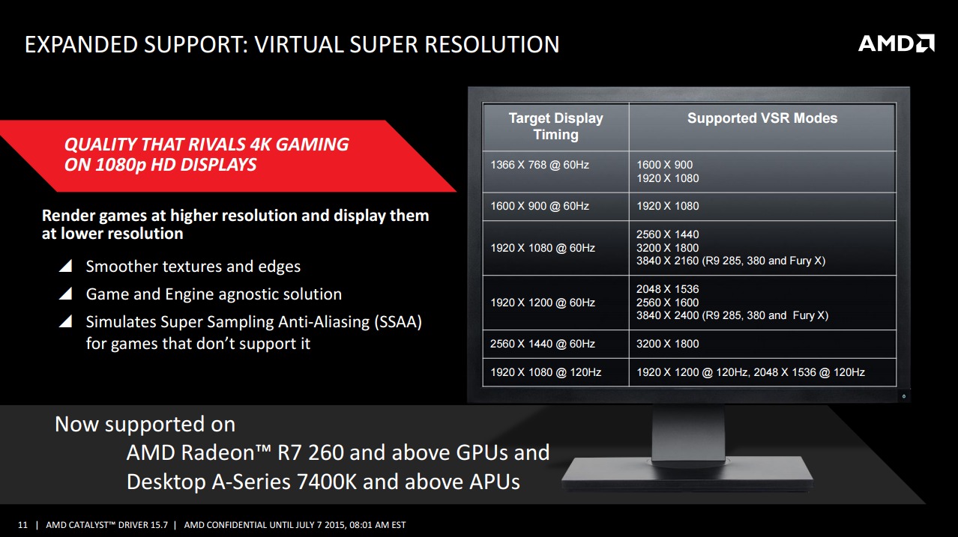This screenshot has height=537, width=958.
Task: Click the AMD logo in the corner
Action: (x=896, y=43)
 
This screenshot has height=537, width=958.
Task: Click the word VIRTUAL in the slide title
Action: (x=298, y=44)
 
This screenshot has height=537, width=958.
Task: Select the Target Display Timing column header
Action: (x=555, y=126)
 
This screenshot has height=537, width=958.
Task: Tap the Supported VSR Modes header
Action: (x=762, y=118)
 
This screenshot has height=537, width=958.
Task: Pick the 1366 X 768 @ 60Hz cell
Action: (x=539, y=165)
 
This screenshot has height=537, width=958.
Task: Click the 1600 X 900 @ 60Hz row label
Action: (x=539, y=207)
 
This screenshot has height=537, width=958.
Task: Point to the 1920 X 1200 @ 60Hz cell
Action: (x=542, y=303)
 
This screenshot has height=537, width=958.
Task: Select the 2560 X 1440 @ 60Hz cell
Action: (x=542, y=344)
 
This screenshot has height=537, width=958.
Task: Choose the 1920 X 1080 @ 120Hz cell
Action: (x=546, y=372)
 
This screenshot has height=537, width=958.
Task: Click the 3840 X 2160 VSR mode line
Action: (x=730, y=261)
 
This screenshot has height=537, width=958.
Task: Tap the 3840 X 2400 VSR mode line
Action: (x=732, y=315)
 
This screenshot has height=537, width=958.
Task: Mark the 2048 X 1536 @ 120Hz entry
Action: (x=809, y=372)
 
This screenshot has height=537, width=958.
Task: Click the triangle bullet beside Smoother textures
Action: (x=65, y=266)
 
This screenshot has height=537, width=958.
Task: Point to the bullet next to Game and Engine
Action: (x=65, y=294)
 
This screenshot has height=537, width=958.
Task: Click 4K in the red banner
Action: (x=260, y=145)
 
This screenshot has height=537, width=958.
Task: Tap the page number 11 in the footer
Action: (x=22, y=525)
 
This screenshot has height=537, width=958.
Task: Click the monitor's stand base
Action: (x=687, y=473)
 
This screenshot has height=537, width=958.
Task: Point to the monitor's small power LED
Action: (x=904, y=396)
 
